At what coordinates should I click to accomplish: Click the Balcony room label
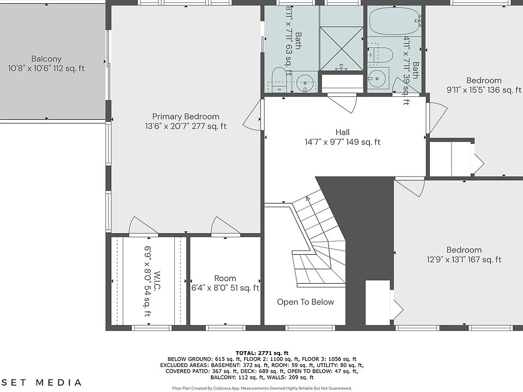pos(46,59)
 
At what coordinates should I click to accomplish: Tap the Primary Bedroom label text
pos(186,117)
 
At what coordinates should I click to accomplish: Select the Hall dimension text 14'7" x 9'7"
pos(326,142)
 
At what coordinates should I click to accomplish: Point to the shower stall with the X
pos(342,48)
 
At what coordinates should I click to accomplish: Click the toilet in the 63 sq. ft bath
pos(279,80)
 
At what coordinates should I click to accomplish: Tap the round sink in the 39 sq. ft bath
pos(378,78)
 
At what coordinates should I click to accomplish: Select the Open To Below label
pos(306,302)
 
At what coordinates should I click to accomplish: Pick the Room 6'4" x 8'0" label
pos(225,283)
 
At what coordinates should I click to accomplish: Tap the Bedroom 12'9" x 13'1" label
pos(464,255)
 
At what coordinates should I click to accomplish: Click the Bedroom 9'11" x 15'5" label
pos(484,85)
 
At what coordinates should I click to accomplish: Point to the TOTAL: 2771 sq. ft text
pos(262,353)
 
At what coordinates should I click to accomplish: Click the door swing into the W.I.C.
pos(143,226)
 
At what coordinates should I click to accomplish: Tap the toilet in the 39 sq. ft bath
pos(381,56)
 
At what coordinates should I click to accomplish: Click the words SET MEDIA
pos(41,382)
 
